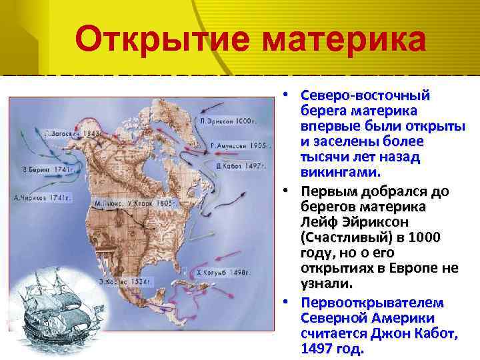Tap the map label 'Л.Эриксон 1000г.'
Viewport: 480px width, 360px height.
pyautogui.click(x=228, y=122)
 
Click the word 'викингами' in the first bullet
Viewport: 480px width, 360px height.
pyautogui.click(x=341, y=173)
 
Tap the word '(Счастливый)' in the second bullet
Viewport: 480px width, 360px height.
pyautogui.click(x=341, y=238)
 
